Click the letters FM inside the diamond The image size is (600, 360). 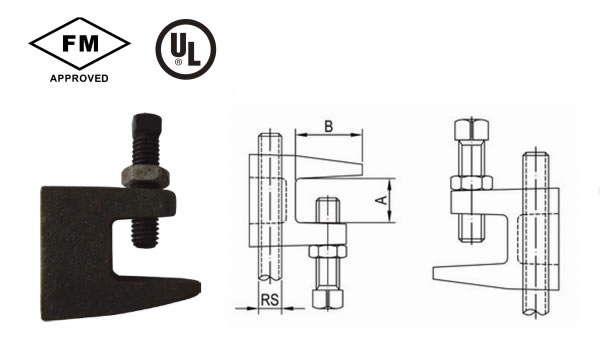[80, 44]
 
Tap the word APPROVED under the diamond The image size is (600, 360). [79, 78]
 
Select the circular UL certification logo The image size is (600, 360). [186, 49]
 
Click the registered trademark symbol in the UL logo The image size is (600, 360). [178, 62]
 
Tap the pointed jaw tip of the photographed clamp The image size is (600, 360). [197, 288]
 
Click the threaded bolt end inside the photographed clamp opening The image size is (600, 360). [145, 233]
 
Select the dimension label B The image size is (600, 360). [328, 126]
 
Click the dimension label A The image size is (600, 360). [383, 199]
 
